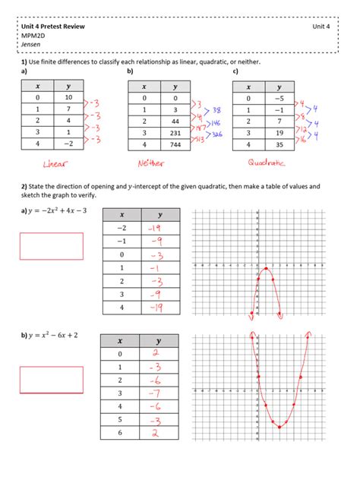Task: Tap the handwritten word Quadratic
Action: click(267, 162)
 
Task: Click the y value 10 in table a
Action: click(69, 98)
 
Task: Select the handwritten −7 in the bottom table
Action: click(154, 393)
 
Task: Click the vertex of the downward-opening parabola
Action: click(265, 268)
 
